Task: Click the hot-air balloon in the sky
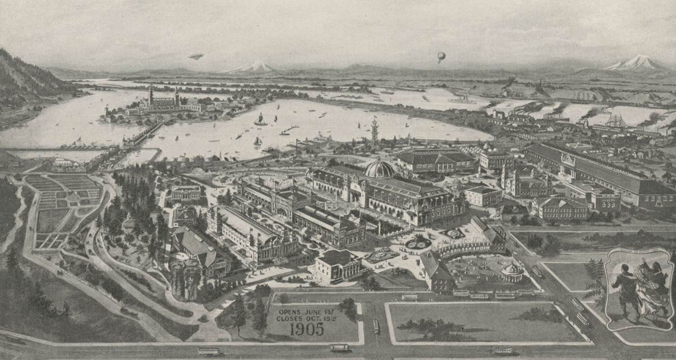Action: (x=441, y=56)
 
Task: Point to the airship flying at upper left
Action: (x=196, y=56)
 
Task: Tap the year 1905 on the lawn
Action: (x=308, y=330)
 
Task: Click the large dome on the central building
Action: (x=380, y=168)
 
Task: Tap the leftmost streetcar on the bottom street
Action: (x=208, y=352)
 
